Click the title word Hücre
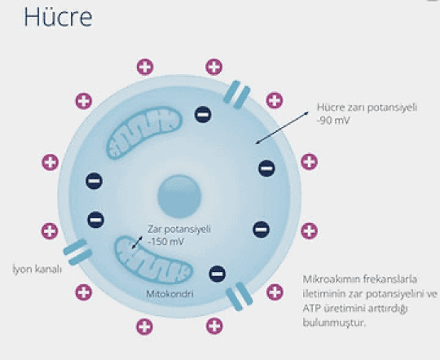pos(58,17)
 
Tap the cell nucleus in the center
pos(179,196)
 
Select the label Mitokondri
pos(169,294)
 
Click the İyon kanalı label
pos(37,270)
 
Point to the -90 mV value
pos(333,121)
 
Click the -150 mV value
pos(166,242)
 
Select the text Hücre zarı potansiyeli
pos(367,108)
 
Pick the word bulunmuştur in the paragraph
pos(335,323)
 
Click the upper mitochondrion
pos(144,133)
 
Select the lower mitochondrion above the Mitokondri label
pos(153,260)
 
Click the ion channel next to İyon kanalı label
pos(77,252)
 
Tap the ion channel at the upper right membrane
pos(237,94)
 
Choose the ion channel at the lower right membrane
pos(240,296)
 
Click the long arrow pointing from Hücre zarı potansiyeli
pos(282,128)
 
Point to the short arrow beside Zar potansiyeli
pos(137,243)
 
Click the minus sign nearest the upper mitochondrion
pos(203,115)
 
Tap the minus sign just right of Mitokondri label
pos(218,274)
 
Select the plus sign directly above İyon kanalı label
pos(50,231)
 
